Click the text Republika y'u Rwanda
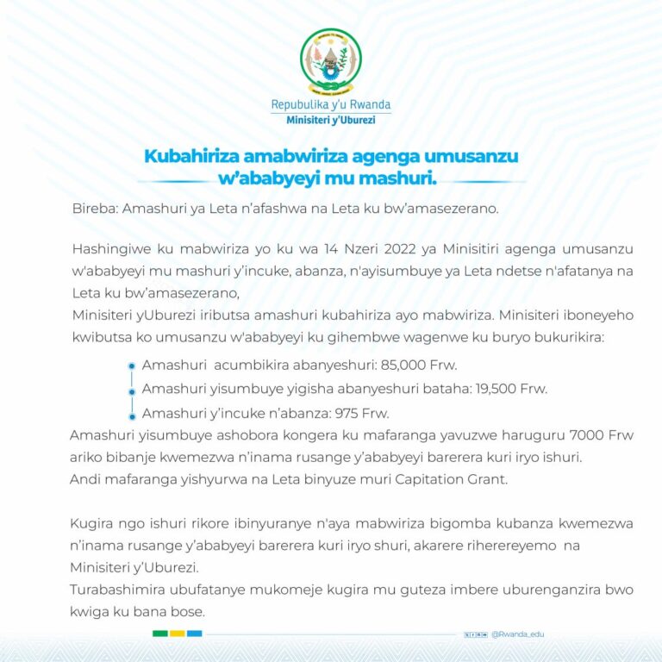[331, 105]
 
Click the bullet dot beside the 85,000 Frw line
[132, 365]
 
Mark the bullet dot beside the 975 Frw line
[132, 413]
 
